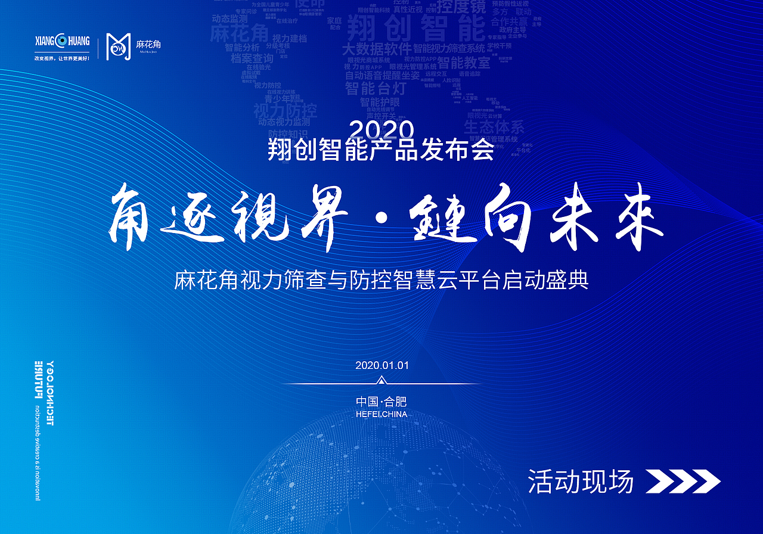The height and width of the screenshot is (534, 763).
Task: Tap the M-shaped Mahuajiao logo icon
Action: pos(118,46)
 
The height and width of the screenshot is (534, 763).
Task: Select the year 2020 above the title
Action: pos(381,129)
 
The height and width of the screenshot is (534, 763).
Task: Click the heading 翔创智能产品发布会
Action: pos(381,150)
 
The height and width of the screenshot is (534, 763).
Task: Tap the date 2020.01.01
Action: pos(381,365)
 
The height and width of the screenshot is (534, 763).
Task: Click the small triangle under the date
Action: pos(382,380)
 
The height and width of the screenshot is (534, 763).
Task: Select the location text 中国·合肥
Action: pos(381,402)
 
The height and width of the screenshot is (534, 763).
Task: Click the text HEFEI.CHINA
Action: pos(381,414)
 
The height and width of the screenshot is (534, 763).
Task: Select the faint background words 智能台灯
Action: pos(376,89)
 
